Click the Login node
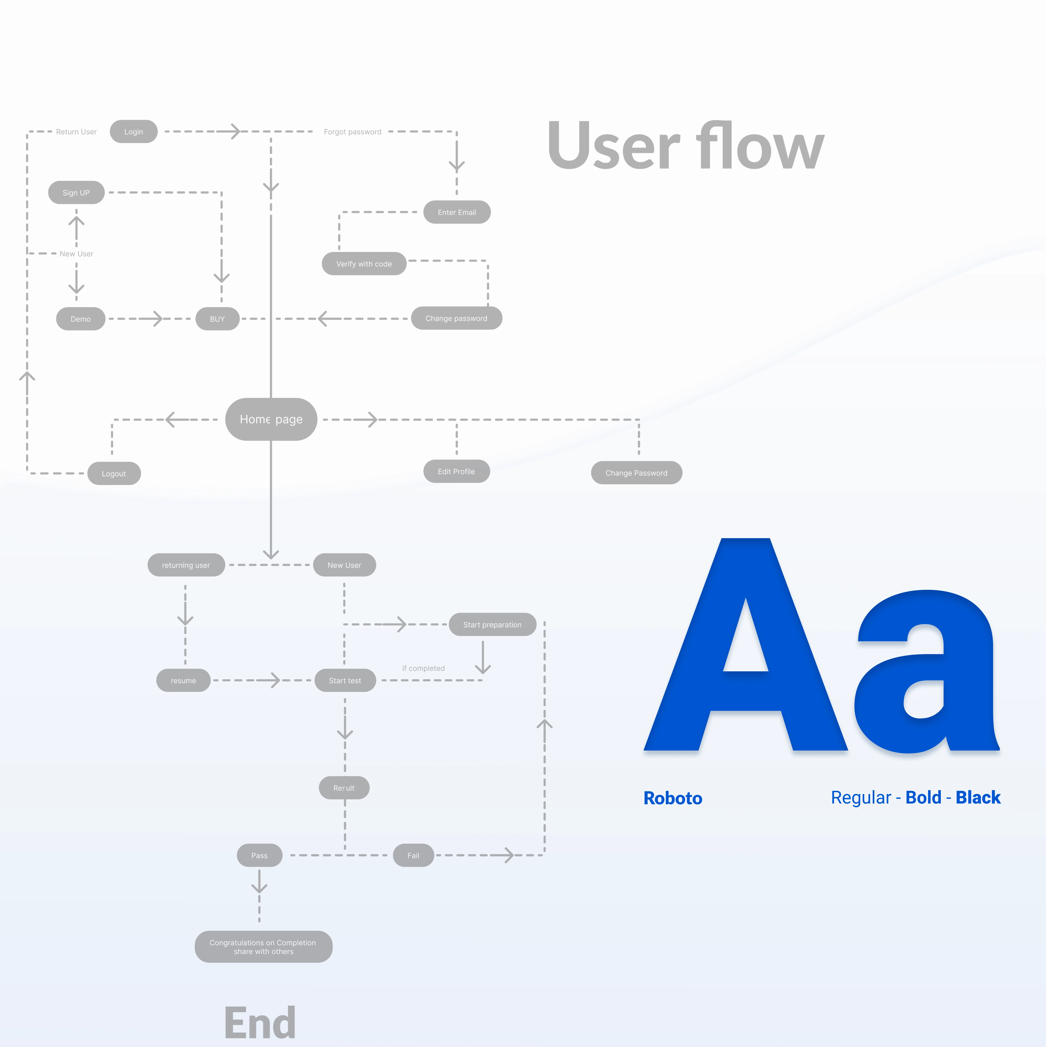point(133,132)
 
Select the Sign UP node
point(76,192)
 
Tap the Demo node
point(80,319)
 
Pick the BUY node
point(217,319)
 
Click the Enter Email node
point(457,212)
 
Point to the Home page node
point(271,419)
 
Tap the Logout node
point(114,473)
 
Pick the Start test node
point(345,680)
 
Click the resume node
point(183,680)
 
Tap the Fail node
point(413,855)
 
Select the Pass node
point(259,855)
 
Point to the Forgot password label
point(352,132)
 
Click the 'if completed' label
point(423,668)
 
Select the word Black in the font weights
point(978,797)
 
